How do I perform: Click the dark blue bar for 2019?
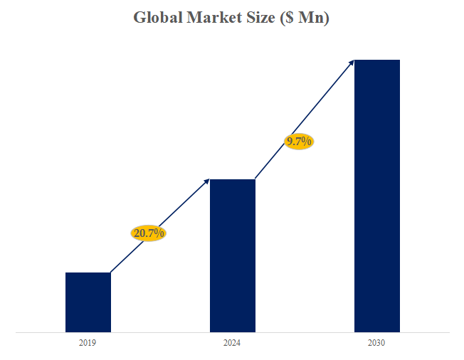88,302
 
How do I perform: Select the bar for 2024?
232,255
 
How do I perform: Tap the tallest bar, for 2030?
377,196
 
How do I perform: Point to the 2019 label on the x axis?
88,343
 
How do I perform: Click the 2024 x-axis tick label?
231,343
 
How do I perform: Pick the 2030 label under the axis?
376,343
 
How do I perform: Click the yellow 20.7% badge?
149,233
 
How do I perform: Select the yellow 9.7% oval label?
299,142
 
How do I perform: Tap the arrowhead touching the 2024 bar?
206,181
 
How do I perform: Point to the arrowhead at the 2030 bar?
351,63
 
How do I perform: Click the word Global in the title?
157,18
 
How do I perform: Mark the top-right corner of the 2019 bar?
110,273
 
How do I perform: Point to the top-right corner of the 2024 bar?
255,180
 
